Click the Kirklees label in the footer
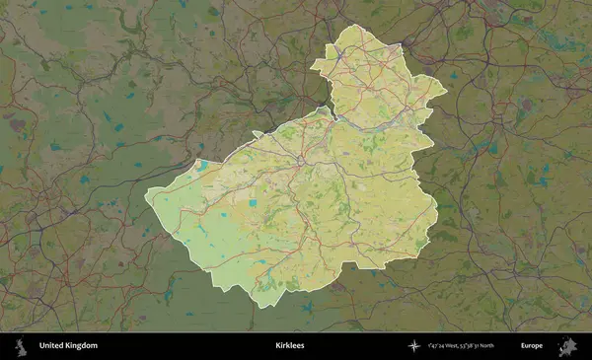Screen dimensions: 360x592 click(289, 345)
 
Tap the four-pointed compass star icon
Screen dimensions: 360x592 click(414, 345)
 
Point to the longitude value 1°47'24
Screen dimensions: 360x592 click(441, 345)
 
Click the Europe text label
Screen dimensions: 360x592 click(533, 345)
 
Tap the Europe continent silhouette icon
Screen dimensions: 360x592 click(568, 345)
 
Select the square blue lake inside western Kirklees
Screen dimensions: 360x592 click(253, 203)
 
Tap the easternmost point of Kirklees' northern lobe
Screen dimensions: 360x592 click(447, 92)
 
